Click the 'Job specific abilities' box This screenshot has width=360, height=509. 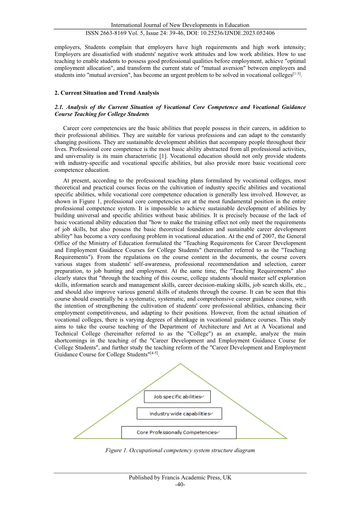[x=177, y=397]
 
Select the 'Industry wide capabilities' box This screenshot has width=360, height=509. [x=179, y=413]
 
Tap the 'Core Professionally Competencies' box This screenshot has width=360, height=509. [x=179, y=432]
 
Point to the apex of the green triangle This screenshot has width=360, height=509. [x=180, y=364]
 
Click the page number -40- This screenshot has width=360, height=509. [x=180, y=484]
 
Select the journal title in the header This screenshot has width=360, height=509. [x=180, y=25]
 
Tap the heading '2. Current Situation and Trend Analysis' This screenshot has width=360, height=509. [x=107, y=93]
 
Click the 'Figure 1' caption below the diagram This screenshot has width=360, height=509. [x=180, y=450]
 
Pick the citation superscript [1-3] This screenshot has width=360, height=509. [x=296, y=74]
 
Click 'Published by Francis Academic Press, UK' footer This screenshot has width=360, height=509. [x=180, y=477]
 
